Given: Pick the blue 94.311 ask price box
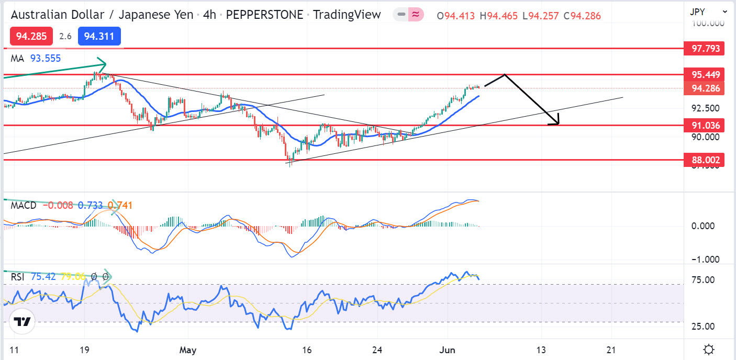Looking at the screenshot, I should click(x=99, y=36).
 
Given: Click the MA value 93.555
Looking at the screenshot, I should click(x=45, y=59).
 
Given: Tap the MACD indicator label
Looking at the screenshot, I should click(x=24, y=206).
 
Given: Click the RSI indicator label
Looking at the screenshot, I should click(x=18, y=276).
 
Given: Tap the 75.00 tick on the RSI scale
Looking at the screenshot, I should click(x=703, y=280).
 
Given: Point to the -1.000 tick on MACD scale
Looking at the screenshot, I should click(x=701, y=260).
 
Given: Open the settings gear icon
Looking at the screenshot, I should click(x=709, y=349).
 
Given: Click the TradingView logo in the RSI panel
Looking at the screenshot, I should click(x=21, y=322).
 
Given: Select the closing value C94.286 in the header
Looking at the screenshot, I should click(x=582, y=16).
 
